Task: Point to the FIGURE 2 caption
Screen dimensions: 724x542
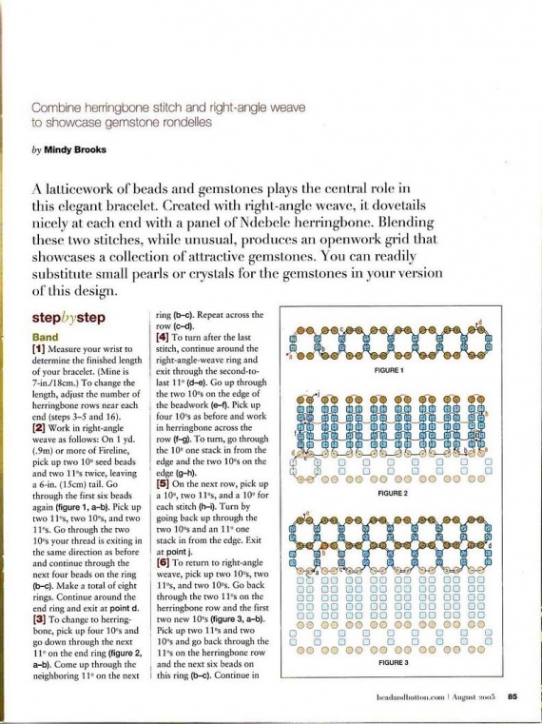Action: tap(392, 495)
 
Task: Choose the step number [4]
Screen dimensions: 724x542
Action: tap(162, 337)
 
